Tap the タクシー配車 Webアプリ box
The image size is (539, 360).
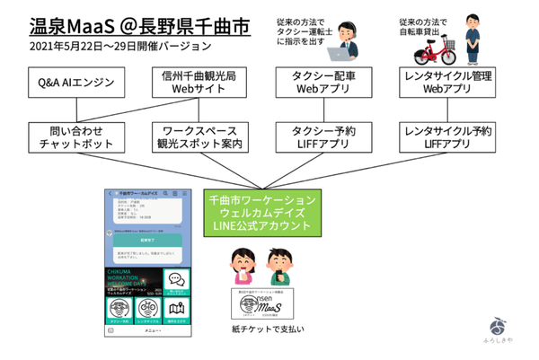(x=320, y=83)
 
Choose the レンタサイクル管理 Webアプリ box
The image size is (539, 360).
(x=447, y=83)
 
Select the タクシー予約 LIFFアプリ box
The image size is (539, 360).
(x=320, y=137)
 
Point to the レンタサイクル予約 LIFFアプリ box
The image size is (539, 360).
(x=447, y=137)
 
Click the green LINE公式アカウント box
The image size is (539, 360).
(x=261, y=213)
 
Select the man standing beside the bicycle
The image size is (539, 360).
(x=464, y=38)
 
